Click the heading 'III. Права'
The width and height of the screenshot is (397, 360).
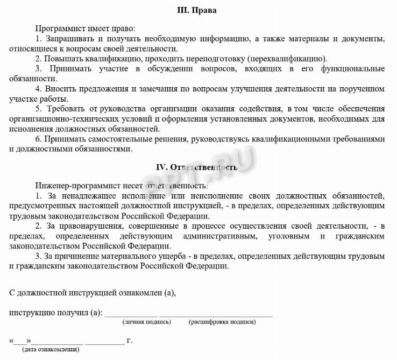[198, 10]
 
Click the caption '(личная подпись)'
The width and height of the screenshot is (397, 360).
[146, 322]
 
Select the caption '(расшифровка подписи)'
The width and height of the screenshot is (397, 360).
[222, 322]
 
